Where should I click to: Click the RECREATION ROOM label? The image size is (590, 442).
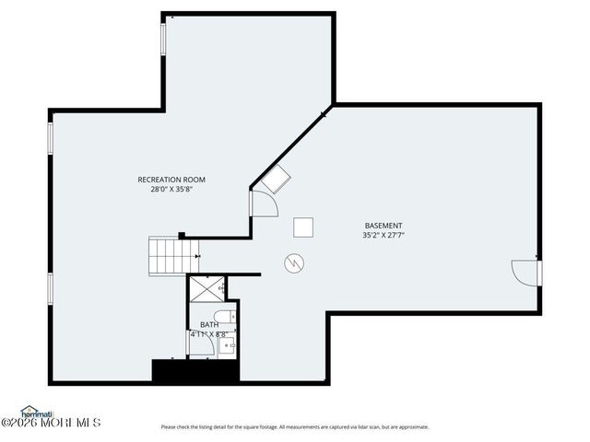tap(171, 180)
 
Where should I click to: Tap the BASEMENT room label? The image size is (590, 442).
tap(383, 226)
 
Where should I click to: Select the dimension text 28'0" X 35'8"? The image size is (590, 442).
tap(171, 190)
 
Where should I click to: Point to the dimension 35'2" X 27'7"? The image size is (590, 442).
tap(383, 236)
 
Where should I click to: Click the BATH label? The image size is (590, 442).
tap(209, 325)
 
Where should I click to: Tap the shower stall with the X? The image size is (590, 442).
tap(206, 290)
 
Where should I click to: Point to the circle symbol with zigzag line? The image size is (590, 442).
tap(294, 262)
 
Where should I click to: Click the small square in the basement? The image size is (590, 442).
tap(302, 227)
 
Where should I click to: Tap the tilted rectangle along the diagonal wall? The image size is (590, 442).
tap(273, 179)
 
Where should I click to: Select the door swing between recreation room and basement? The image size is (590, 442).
tap(262, 203)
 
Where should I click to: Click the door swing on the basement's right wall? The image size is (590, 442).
tap(526, 273)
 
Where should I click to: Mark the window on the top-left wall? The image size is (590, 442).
tap(164, 39)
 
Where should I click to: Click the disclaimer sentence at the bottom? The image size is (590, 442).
tap(294, 426)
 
